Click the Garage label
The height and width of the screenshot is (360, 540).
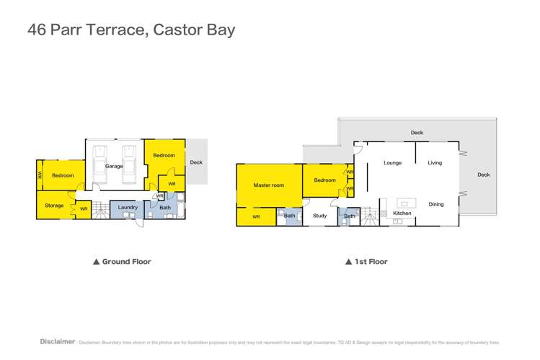(114, 166)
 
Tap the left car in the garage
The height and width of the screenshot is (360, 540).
(100, 157)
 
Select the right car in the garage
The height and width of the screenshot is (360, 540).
(128, 157)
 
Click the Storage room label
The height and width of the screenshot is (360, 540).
(54, 206)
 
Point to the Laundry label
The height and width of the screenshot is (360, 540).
(128, 208)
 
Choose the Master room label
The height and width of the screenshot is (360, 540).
(268, 185)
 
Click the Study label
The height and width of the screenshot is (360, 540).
(319, 216)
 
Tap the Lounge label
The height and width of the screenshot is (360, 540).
(392, 163)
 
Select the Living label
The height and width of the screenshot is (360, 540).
(435, 163)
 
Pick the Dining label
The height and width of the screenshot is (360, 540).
(436, 204)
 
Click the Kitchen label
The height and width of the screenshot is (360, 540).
(402, 214)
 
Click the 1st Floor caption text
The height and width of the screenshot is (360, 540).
(371, 262)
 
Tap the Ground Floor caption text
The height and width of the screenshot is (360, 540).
(126, 262)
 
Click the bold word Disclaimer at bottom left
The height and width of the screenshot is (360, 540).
(57, 341)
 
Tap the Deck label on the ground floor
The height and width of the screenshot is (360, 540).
(196, 163)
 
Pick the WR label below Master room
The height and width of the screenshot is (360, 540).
(256, 216)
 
